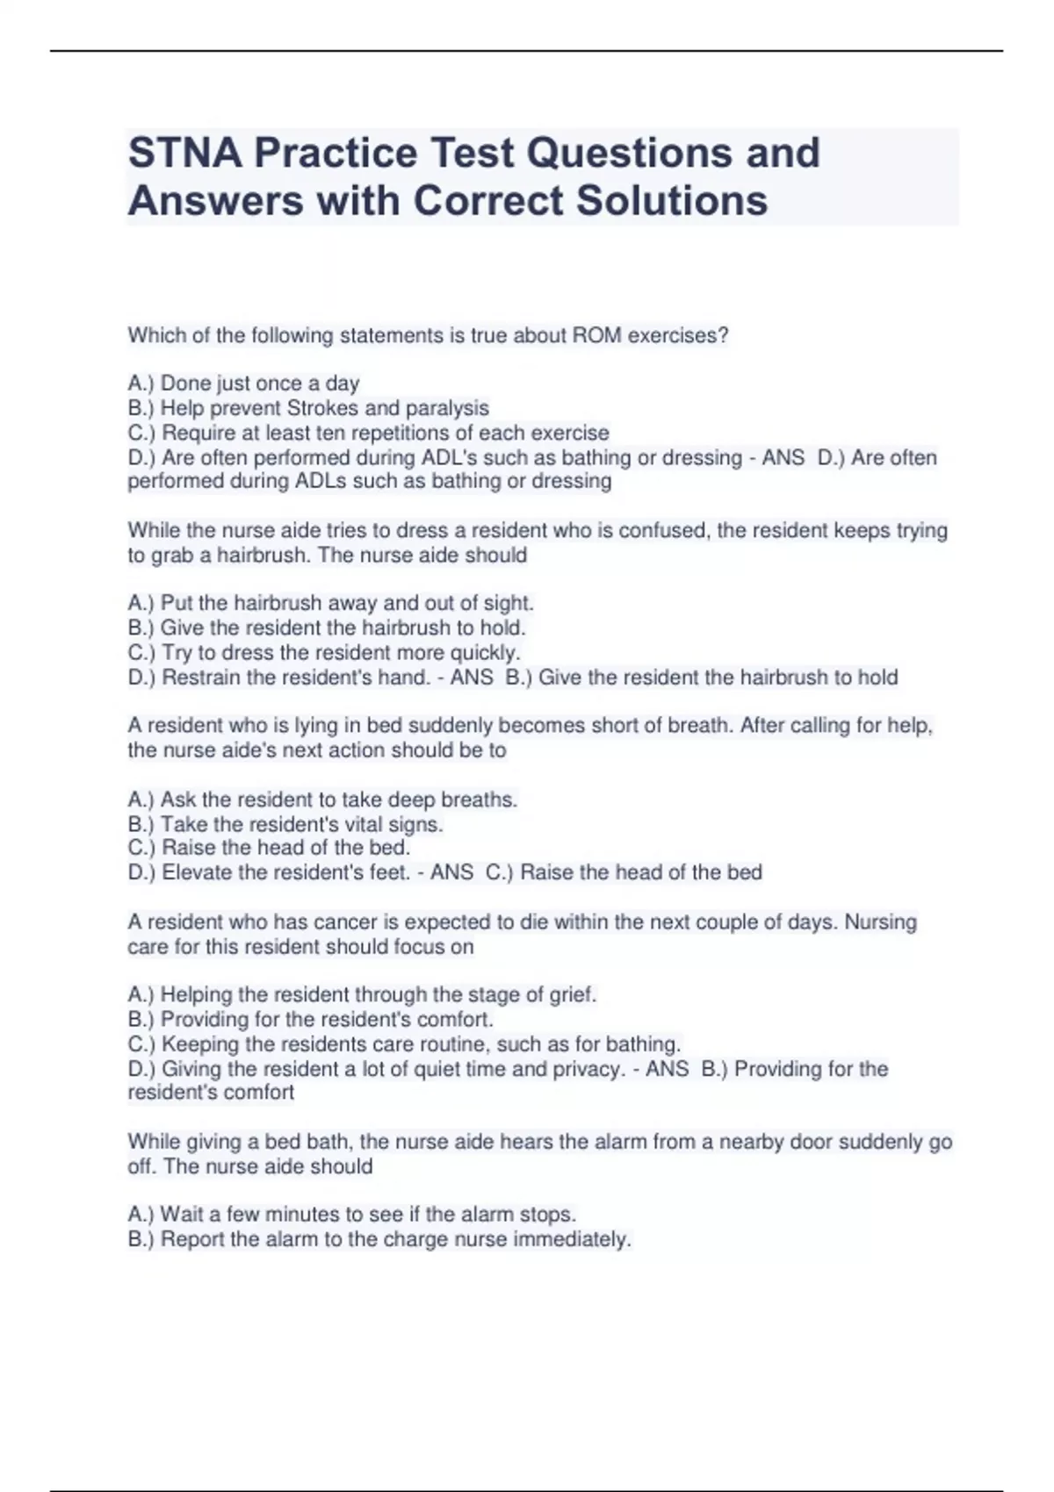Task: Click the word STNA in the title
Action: tap(184, 153)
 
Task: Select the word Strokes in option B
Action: tap(322, 408)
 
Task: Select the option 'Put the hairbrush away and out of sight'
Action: tap(330, 603)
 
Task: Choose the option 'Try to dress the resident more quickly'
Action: tap(324, 652)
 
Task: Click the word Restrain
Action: tap(200, 678)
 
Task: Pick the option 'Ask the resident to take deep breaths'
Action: tap(322, 800)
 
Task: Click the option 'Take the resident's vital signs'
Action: tap(285, 824)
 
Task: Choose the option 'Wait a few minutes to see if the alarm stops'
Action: tap(351, 1215)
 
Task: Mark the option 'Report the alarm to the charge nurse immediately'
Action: tap(379, 1239)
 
